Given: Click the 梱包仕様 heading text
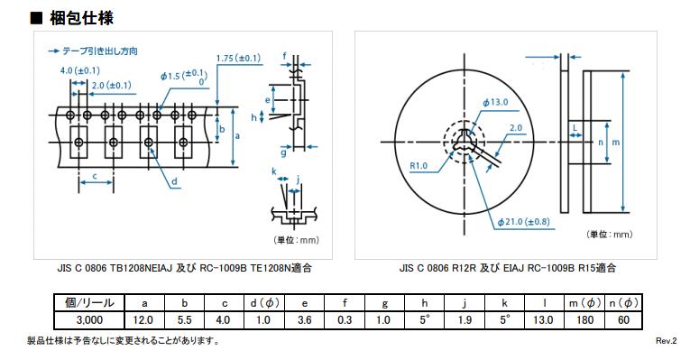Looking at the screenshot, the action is (81, 18).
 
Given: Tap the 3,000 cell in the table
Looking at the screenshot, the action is (89, 320).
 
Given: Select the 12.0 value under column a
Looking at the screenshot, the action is (143, 320).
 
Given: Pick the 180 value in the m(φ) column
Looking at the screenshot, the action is (585, 320).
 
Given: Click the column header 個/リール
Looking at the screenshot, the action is (89, 303).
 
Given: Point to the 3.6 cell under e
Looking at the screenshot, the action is (305, 320).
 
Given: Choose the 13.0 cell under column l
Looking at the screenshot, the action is (543, 320).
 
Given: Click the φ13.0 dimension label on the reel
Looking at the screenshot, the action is (495, 103).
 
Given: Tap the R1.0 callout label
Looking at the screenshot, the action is (419, 166).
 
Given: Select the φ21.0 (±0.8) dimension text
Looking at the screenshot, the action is (524, 222).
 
